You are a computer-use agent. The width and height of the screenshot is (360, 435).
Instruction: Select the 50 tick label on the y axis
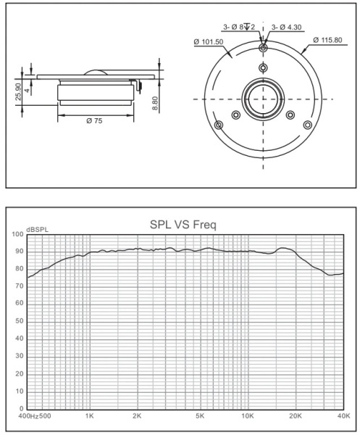(19, 321)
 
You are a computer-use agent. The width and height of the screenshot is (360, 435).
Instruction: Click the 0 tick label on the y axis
(21, 408)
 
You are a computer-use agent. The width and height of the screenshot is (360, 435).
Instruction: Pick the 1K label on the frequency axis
(89, 418)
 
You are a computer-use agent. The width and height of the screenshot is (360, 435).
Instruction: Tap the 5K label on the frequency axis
(200, 418)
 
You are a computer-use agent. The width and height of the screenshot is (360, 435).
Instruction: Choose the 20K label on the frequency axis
(295, 418)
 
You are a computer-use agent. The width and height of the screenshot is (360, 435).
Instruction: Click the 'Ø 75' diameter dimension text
(93, 120)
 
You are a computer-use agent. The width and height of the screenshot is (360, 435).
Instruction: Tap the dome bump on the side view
(95, 71)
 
